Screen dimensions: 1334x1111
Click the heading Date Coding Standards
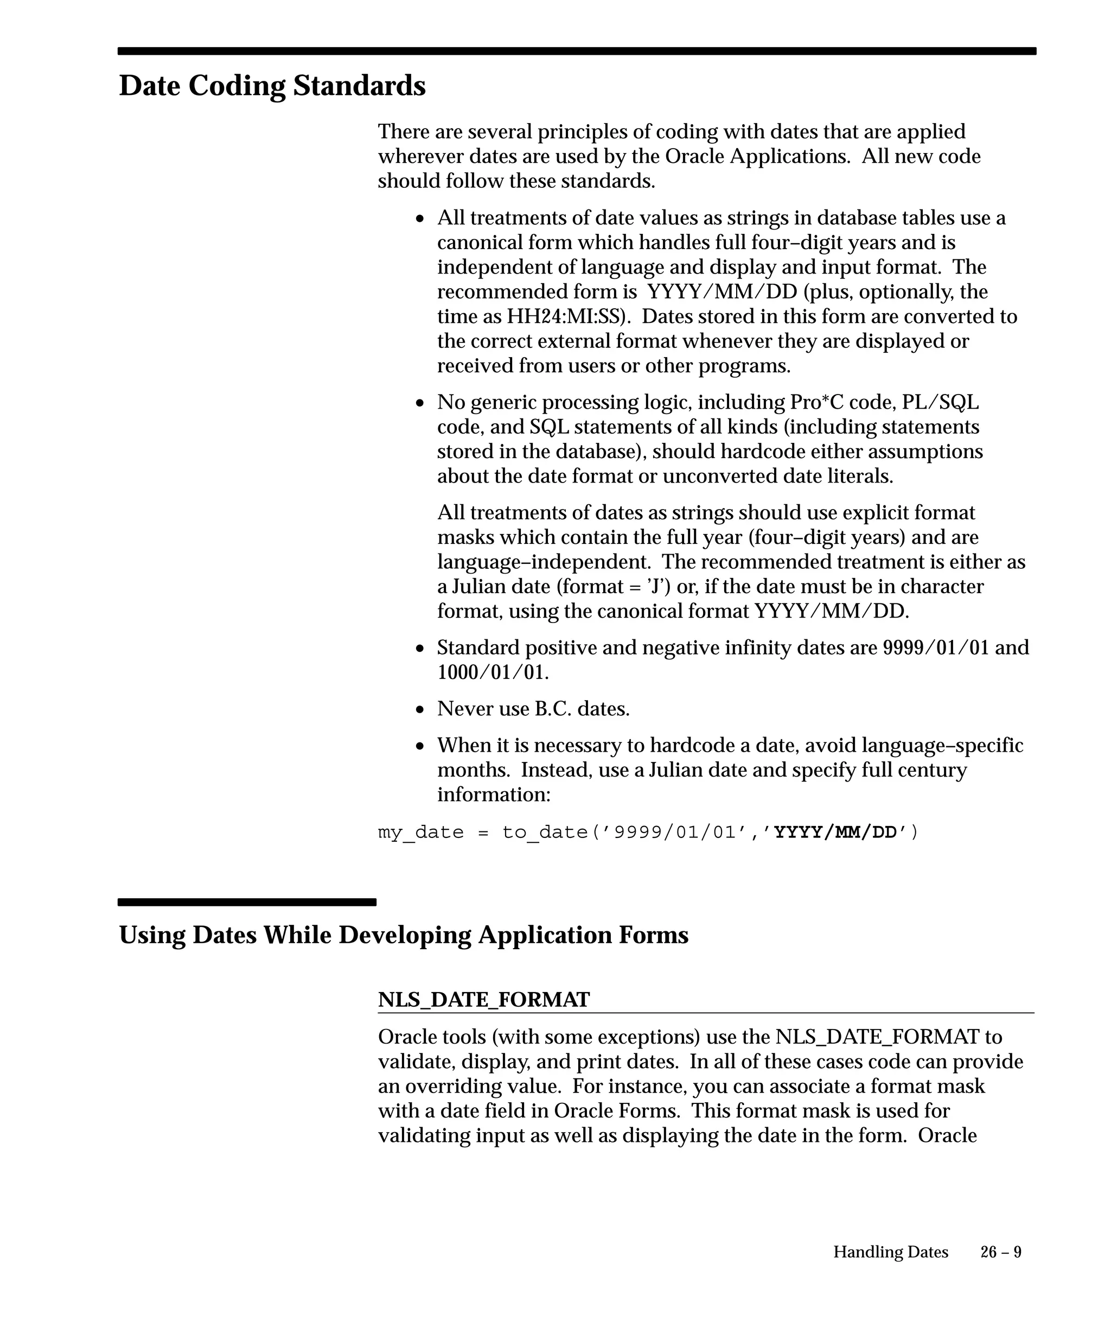pos(272,86)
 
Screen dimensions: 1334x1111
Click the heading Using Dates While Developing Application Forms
pos(403,935)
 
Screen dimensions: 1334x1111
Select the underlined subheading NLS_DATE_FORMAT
pos(483,1000)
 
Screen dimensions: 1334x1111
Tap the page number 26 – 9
pos(1000,1252)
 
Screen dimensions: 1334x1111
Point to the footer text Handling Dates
pos(890,1252)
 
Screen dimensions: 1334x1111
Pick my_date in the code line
pos(420,832)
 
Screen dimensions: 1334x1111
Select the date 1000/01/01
pos(491,672)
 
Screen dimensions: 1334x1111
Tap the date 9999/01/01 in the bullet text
pos(936,647)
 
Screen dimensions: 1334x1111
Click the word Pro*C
pos(816,402)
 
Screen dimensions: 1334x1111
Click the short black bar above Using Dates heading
pos(246,902)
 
